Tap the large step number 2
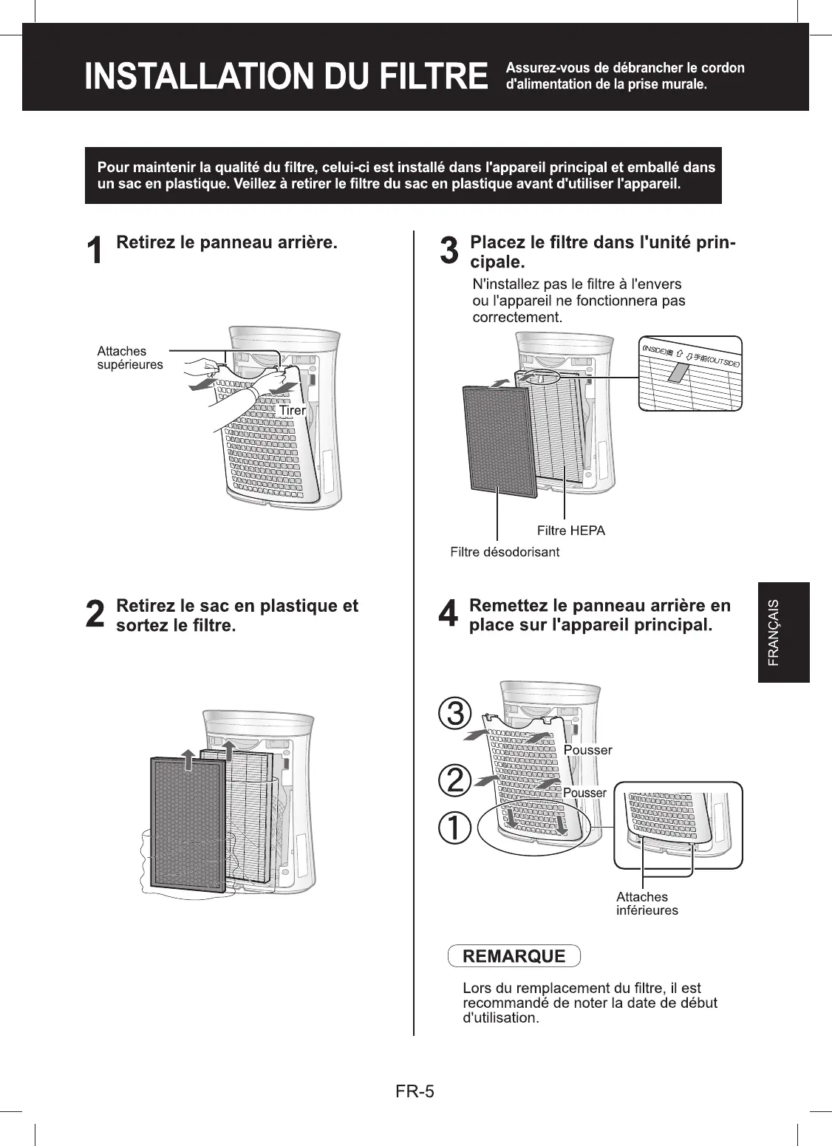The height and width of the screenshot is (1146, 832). [95, 615]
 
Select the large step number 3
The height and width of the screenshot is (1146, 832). [449, 251]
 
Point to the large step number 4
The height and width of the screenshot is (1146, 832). [449, 615]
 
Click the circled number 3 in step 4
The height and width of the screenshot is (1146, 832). [454, 714]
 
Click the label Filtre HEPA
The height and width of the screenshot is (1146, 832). [570, 531]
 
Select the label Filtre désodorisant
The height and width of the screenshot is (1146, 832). [505, 552]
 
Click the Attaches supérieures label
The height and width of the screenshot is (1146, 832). [130, 358]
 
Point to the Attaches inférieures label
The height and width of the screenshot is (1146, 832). [647, 904]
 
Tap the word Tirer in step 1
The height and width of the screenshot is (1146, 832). [292, 410]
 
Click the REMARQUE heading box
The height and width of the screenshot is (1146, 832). [514, 956]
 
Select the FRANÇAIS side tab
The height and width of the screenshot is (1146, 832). [783, 632]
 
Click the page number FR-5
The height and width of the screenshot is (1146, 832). [415, 1091]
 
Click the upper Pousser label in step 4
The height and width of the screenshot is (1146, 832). [587, 750]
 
